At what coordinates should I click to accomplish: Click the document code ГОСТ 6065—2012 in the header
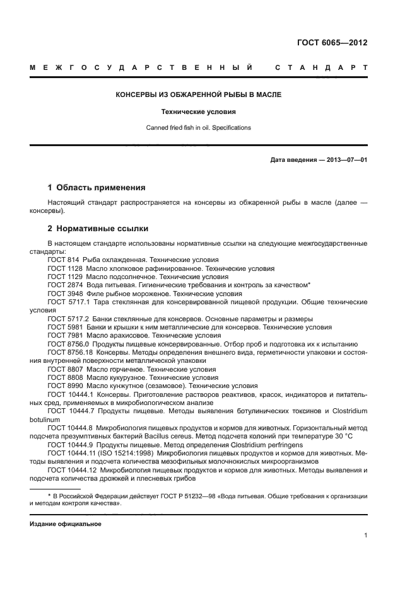click(x=332, y=43)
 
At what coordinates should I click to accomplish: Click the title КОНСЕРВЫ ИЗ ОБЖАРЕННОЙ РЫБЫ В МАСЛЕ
click(x=198, y=95)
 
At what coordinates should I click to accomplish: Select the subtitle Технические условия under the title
click(x=198, y=112)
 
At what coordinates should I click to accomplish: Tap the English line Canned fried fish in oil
click(x=198, y=127)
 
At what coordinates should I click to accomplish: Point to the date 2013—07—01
click(x=346, y=160)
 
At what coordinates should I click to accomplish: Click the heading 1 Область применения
click(x=97, y=188)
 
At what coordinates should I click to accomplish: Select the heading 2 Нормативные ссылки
click(x=98, y=228)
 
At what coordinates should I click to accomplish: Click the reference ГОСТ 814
click(x=61, y=260)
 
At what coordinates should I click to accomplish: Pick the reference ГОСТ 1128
click(x=63, y=268)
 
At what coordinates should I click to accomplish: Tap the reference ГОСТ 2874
click(x=63, y=285)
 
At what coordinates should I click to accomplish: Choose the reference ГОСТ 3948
click(x=63, y=293)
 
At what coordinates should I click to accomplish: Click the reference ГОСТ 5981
click(x=63, y=327)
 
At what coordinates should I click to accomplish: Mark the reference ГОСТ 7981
click(x=63, y=335)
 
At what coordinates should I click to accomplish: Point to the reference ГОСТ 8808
click(x=63, y=377)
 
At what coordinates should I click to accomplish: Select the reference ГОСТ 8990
click(x=63, y=386)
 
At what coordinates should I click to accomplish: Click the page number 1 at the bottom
click(x=365, y=536)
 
